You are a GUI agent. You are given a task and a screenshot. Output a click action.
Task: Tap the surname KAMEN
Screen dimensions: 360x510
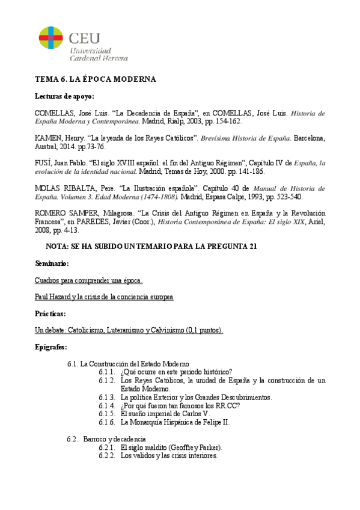pyautogui.click(x=49, y=138)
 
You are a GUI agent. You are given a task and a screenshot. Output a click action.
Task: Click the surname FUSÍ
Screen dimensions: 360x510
pyautogui.click(x=45, y=163)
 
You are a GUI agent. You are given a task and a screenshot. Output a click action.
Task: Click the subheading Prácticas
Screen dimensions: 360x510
pyautogui.click(x=50, y=314)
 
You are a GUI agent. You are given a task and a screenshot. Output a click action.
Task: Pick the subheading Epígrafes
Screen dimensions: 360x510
pyautogui.click(x=51, y=348)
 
